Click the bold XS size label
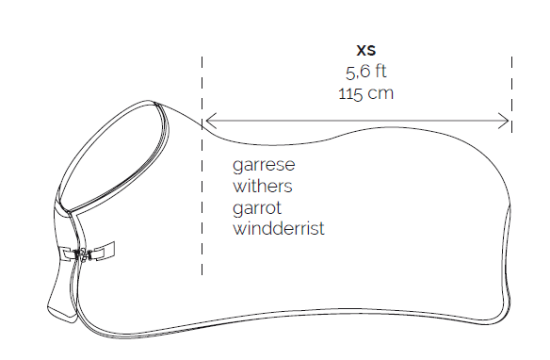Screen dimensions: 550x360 [365, 50]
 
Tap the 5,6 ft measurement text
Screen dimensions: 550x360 [365, 72]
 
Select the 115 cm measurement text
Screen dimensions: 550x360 [365, 93]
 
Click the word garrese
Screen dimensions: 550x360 [264, 165]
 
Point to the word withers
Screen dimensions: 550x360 [263, 186]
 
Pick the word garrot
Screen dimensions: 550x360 [257, 208]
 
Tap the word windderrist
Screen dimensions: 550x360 [279, 228]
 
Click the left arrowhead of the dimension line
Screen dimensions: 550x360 [210, 121]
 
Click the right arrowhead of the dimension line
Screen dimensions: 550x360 [504, 121]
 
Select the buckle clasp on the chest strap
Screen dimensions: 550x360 [83, 254]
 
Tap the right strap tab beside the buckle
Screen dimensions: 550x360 [104, 251]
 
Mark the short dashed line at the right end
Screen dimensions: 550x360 [511, 94]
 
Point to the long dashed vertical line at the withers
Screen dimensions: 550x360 [202, 166]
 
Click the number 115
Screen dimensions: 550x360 [350, 93]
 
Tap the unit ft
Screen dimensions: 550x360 [380, 72]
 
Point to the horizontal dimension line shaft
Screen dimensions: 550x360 [357, 121]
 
